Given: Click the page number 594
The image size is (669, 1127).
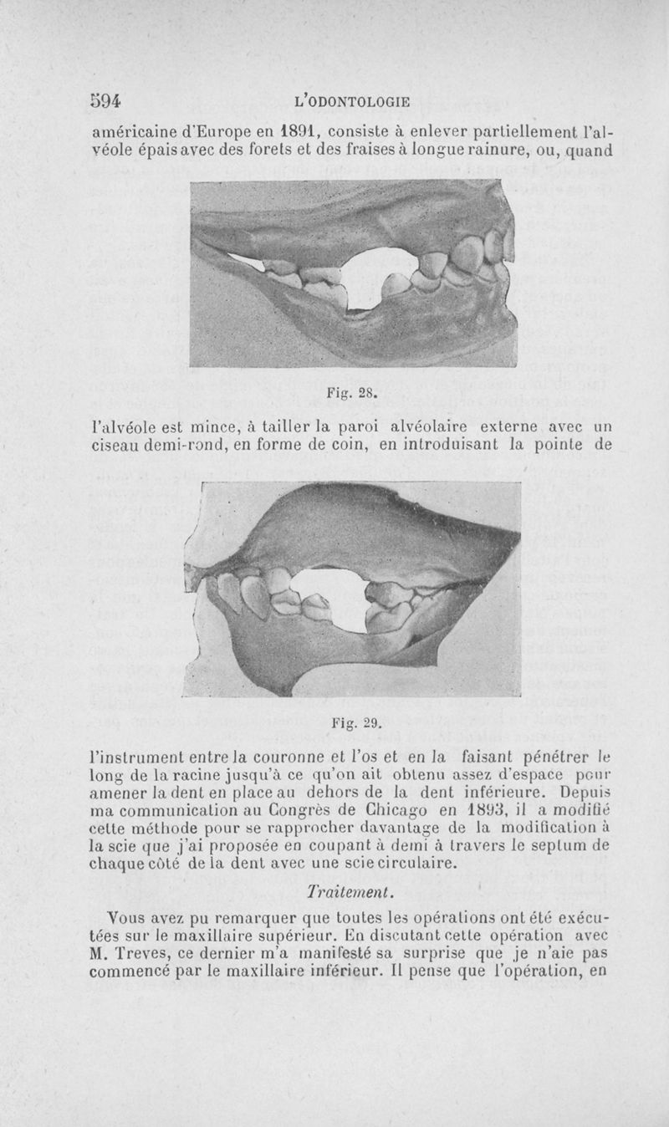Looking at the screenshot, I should coord(107,101).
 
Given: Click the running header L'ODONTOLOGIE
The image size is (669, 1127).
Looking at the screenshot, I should coord(352,102).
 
